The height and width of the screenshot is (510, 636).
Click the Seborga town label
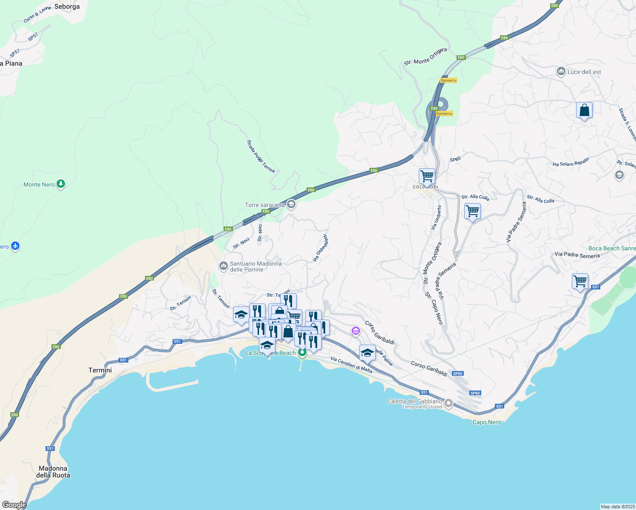click(x=67, y=6)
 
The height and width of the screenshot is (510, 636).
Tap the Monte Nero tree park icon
click(x=61, y=184)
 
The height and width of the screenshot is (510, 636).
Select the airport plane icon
click(x=15, y=246)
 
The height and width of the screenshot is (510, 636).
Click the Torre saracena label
click(x=264, y=205)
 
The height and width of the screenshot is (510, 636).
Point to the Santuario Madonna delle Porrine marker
click(x=223, y=266)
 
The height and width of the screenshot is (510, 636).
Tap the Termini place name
click(x=100, y=370)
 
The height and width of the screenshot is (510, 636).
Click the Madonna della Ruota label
click(x=53, y=472)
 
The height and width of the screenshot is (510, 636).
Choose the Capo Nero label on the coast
click(x=487, y=422)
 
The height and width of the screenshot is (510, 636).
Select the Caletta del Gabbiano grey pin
click(x=449, y=402)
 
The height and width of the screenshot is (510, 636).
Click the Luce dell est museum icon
click(x=561, y=71)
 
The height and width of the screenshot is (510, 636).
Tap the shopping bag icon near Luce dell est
click(x=584, y=110)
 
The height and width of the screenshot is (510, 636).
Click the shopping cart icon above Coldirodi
click(x=426, y=176)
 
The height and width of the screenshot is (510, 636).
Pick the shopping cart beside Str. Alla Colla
click(x=472, y=211)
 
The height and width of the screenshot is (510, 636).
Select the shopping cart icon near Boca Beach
click(x=580, y=281)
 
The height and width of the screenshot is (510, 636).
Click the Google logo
click(x=14, y=505)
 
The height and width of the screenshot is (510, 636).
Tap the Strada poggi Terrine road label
click(x=261, y=156)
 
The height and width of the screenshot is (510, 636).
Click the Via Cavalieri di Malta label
click(x=351, y=365)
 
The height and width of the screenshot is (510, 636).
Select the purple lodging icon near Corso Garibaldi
click(x=356, y=331)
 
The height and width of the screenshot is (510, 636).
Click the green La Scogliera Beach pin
click(x=302, y=352)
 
